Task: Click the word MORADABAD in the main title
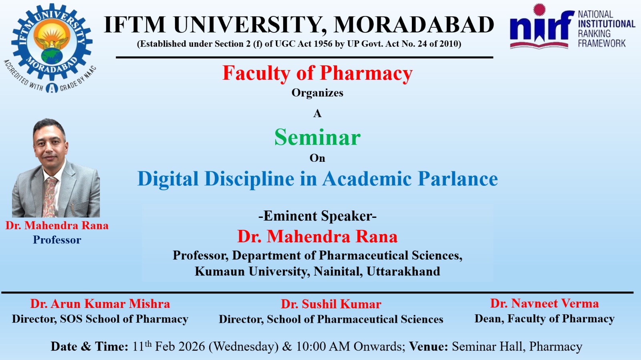click(x=414, y=25)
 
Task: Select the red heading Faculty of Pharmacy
click(x=317, y=73)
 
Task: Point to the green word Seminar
click(x=317, y=137)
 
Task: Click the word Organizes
click(x=317, y=93)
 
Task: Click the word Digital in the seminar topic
click(x=168, y=179)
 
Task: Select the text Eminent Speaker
click(x=317, y=216)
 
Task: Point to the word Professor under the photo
click(x=57, y=239)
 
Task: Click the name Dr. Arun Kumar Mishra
click(x=100, y=304)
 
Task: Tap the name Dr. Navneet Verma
click(x=544, y=304)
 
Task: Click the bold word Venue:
click(x=428, y=346)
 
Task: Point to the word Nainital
click(x=338, y=272)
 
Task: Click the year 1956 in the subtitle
click(x=323, y=44)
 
